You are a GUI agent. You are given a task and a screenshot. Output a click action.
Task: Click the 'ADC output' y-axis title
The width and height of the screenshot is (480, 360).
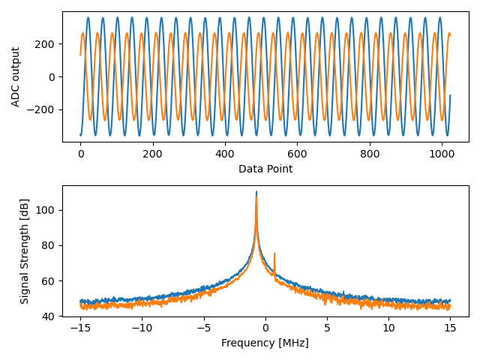[16, 76]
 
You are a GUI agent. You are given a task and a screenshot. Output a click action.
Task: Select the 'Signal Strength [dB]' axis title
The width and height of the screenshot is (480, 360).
[25, 251]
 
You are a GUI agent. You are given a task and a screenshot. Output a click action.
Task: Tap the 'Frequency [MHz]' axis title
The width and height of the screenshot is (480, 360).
[265, 343]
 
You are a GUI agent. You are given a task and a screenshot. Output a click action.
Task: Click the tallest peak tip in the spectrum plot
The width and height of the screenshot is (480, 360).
[256, 193]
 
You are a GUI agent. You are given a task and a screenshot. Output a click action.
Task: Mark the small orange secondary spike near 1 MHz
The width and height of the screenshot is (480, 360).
[274, 254]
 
